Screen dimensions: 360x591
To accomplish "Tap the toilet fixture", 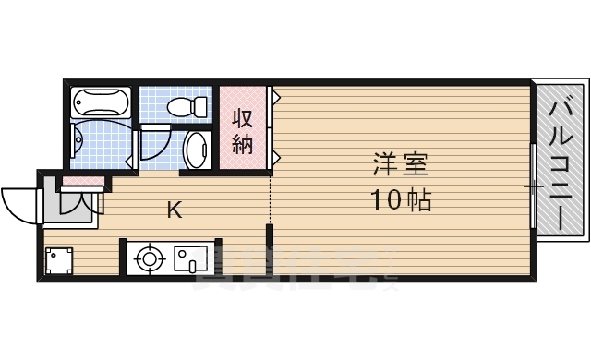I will pyautogui.click(x=191, y=107).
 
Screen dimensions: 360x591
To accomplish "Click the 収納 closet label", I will pyautogui.click(x=242, y=131).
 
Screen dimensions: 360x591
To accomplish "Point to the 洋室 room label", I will pyautogui.click(x=401, y=167).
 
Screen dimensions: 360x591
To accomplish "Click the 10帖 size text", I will pyautogui.click(x=401, y=198).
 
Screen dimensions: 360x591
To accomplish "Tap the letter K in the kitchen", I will pyautogui.click(x=174, y=210).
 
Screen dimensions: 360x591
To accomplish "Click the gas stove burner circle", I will pyautogui.click(x=148, y=258).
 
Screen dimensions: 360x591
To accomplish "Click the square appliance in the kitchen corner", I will pyautogui.click(x=59, y=260).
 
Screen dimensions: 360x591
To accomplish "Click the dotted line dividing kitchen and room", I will pyautogui.click(x=270, y=198).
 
